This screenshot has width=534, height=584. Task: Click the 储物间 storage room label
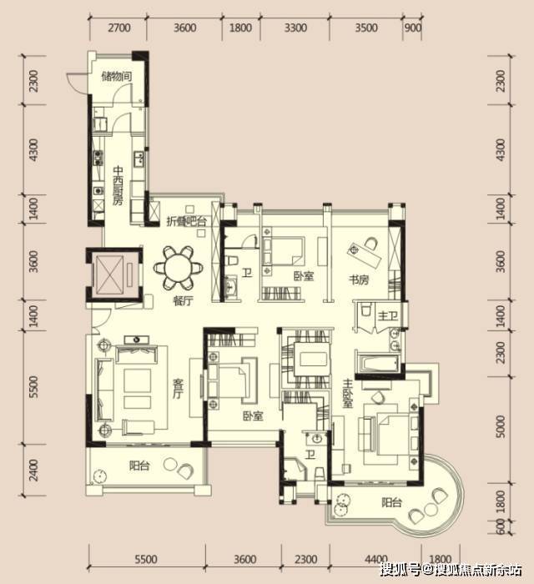pyautogui.click(x=117, y=77)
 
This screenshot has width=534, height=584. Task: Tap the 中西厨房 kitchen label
pyautogui.click(x=118, y=186)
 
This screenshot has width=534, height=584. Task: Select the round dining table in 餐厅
pyautogui.click(x=179, y=267)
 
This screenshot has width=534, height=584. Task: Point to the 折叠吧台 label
pyautogui.click(x=186, y=221)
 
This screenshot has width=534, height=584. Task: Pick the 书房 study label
pyautogui.click(x=359, y=279)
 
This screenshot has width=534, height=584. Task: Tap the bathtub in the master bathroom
pyautogui.click(x=377, y=364)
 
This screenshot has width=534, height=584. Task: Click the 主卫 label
pyautogui.click(x=387, y=316)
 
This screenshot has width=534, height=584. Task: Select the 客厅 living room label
pyautogui.click(x=179, y=389)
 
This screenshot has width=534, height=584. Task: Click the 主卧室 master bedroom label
pyautogui.click(x=347, y=393)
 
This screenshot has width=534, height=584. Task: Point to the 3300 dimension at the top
pyautogui.click(x=295, y=28)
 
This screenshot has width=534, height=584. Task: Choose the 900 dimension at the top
pyautogui.click(x=413, y=28)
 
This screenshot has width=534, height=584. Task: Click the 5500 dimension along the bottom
pyautogui.click(x=146, y=559)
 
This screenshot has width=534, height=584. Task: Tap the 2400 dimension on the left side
pyautogui.click(x=33, y=470)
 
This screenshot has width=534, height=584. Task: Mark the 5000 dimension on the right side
pyautogui.click(x=501, y=427)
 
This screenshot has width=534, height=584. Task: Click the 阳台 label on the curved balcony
pyautogui.click(x=391, y=502)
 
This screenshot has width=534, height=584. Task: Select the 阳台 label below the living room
pyautogui.click(x=139, y=466)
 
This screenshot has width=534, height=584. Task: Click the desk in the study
pyautogui.click(x=365, y=254)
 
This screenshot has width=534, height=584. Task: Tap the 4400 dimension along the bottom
pyautogui.click(x=375, y=559)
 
